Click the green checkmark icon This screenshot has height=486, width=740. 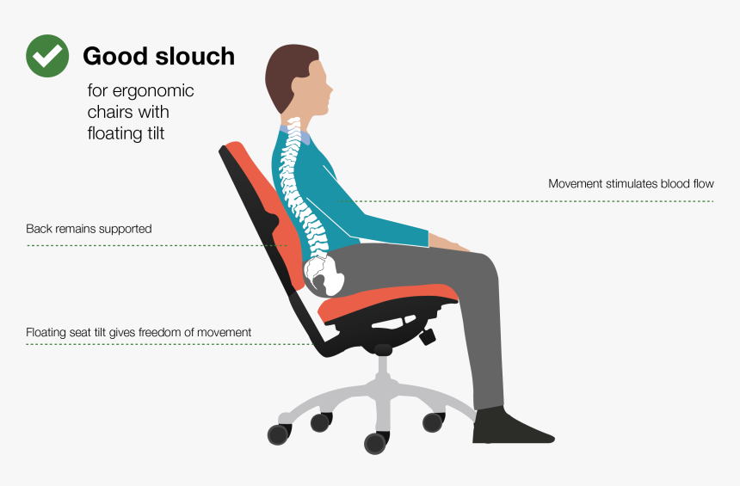pos(48,56)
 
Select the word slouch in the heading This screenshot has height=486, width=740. pos(195,57)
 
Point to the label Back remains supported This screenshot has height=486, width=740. pos(89,229)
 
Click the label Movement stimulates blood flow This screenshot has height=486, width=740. pos(631,184)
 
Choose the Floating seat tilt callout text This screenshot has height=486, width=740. pos(139,332)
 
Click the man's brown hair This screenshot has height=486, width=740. pos(286,77)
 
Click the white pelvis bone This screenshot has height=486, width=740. pos(325,274)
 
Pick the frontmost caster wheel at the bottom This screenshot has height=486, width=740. pos(375,443)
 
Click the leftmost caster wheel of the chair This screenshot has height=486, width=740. pos(278,434)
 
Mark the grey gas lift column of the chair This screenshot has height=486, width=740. pos(383,370)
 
